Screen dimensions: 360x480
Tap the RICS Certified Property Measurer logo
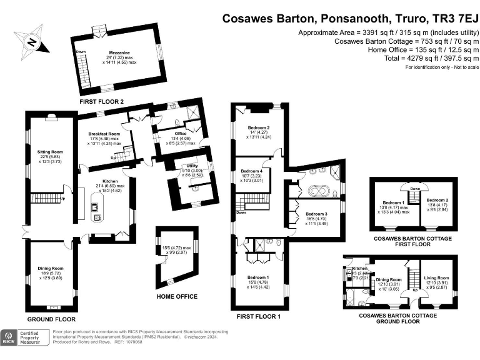24,338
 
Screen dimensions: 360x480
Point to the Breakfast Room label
103,134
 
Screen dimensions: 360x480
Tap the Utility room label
192,166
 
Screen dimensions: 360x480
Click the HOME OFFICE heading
177,296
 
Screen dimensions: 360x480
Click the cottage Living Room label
437,277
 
